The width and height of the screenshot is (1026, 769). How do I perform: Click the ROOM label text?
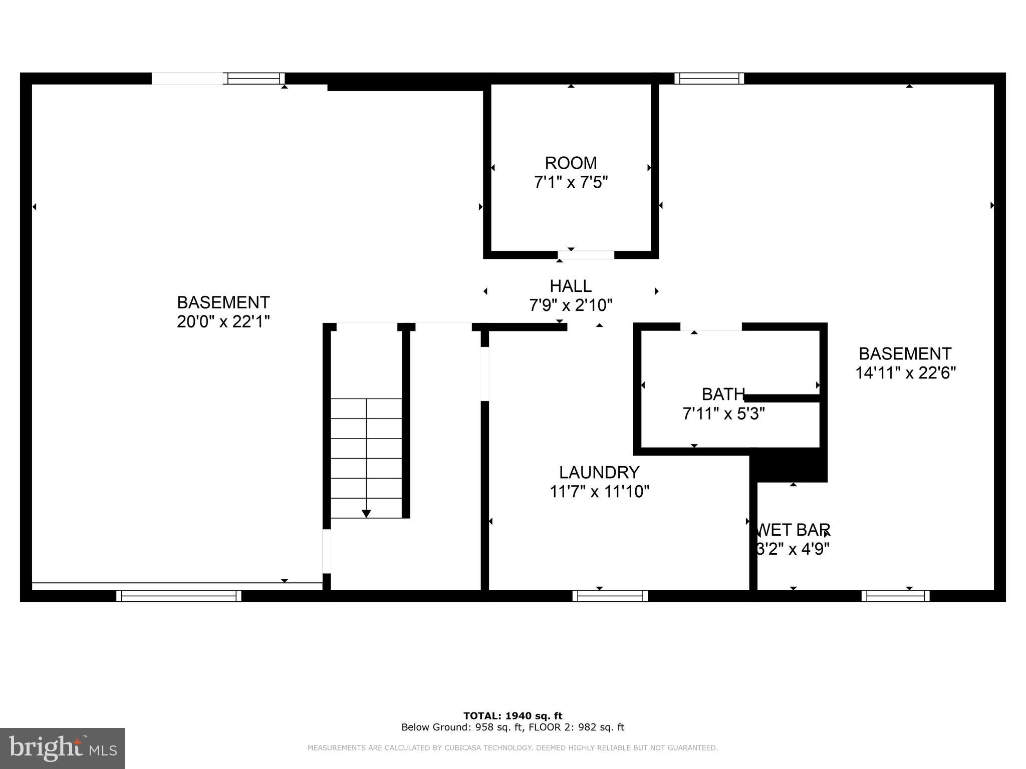(x=571, y=163)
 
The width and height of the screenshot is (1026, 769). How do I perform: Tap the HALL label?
(x=571, y=286)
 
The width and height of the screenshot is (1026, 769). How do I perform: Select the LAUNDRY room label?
(x=599, y=472)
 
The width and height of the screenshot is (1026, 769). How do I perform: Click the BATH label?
(x=723, y=395)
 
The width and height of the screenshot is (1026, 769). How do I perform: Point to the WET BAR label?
(x=794, y=530)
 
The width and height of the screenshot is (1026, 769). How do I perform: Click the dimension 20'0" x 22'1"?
(x=223, y=321)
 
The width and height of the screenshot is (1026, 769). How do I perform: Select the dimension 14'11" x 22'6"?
(x=905, y=373)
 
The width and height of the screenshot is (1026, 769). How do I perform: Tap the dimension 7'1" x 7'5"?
(x=571, y=182)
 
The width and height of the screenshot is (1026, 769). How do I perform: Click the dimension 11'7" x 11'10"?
(x=599, y=492)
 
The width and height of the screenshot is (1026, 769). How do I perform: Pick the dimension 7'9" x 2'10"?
(x=571, y=305)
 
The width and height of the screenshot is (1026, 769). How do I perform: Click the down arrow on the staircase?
(x=366, y=514)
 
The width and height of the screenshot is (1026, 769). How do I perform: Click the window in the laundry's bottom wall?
(x=610, y=596)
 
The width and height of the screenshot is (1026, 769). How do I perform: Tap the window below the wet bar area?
(x=895, y=596)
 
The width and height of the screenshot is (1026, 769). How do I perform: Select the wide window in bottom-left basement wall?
(x=179, y=596)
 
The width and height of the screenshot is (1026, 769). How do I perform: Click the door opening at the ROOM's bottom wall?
(x=586, y=255)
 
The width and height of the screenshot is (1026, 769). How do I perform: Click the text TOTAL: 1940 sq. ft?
(x=512, y=716)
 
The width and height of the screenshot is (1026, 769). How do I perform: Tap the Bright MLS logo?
(x=63, y=748)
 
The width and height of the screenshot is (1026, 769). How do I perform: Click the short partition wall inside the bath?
(x=782, y=399)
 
